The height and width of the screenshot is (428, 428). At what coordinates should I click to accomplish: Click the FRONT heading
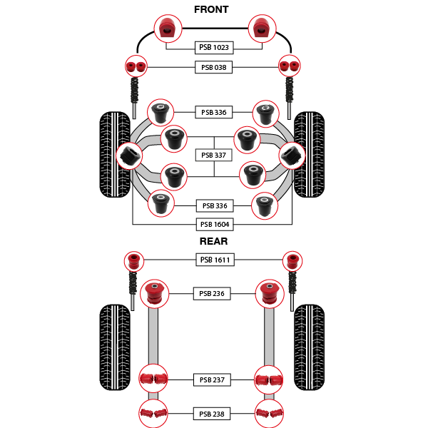(211, 9)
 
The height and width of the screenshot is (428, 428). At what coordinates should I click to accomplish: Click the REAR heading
(213, 241)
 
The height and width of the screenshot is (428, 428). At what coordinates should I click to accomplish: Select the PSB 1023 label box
(214, 48)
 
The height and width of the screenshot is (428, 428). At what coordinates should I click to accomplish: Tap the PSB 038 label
(214, 67)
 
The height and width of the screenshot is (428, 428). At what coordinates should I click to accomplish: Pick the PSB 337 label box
(214, 155)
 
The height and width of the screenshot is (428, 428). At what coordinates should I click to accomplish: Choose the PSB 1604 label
(215, 225)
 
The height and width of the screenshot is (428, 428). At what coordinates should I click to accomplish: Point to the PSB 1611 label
(215, 260)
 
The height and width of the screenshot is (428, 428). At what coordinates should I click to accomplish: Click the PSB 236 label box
(212, 293)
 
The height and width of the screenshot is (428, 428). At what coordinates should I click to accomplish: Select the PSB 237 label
(212, 379)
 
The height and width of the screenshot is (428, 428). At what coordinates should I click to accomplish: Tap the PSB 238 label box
(212, 414)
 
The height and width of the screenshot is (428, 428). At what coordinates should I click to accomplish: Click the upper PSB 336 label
(214, 112)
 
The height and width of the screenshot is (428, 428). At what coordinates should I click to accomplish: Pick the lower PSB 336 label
(215, 205)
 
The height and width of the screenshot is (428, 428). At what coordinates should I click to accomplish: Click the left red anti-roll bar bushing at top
(168, 29)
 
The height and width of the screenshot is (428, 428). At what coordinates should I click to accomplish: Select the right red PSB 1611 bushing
(292, 261)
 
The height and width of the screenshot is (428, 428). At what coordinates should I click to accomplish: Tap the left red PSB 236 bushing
(155, 294)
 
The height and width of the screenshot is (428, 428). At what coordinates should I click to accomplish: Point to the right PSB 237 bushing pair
(269, 379)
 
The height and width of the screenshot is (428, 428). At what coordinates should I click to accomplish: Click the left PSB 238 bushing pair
(153, 413)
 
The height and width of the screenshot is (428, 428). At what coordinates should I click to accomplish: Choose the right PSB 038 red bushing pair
(290, 66)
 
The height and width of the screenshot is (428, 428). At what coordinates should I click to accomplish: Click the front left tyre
(115, 155)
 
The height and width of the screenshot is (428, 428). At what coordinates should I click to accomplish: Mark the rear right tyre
(310, 347)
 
